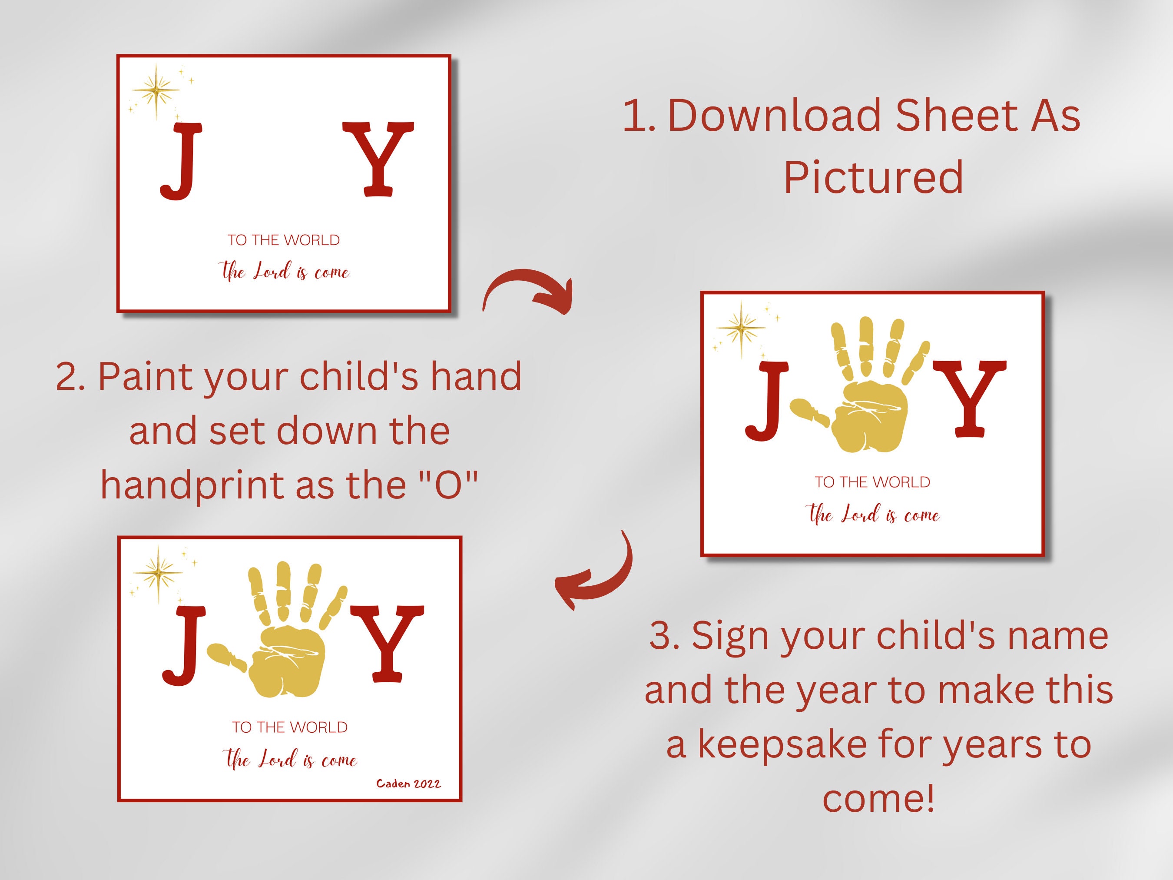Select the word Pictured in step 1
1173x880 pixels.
coord(873,178)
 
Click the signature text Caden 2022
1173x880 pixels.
coord(408,784)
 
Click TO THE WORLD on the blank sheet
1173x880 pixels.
coord(284,240)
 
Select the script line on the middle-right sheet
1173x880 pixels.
coord(873,515)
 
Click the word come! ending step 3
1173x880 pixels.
coord(878,798)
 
